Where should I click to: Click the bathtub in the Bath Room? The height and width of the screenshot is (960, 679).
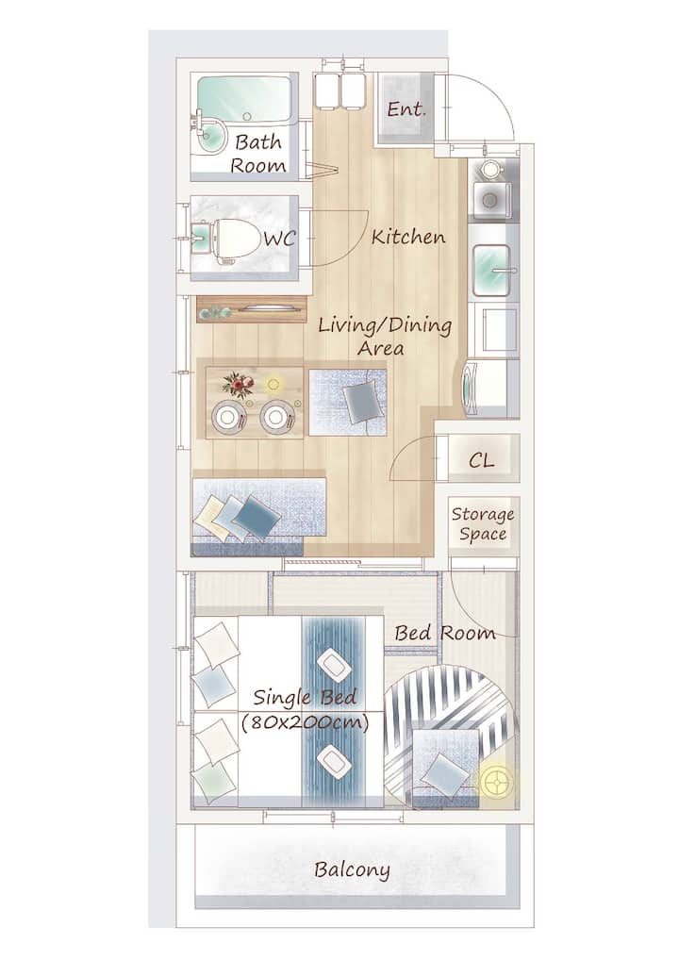pyautogui.click(x=243, y=100)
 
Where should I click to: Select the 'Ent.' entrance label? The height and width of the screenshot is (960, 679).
pyautogui.click(x=406, y=109)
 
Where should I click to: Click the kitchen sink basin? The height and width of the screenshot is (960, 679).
pyautogui.click(x=491, y=269)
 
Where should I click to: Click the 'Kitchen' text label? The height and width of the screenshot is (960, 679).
pyautogui.click(x=408, y=237)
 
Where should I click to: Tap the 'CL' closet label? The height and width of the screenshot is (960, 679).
pyautogui.click(x=481, y=460)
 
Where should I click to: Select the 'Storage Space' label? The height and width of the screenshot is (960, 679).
pyautogui.click(x=483, y=524)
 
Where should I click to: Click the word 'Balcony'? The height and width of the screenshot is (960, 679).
pyautogui.click(x=352, y=870)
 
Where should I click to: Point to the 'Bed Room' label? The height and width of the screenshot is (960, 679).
pyautogui.click(x=445, y=633)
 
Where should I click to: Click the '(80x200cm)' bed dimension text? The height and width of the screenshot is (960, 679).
pyautogui.click(x=306, y=723)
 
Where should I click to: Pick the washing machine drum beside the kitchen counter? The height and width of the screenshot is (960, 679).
pyautogui.click(x=468, y=389)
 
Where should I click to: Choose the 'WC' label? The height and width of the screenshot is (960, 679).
pyautogui.click(x=280, y=239)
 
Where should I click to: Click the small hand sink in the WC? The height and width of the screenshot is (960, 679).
pyautogui.click(x=201, y=238)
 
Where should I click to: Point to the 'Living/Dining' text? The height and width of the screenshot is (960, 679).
pyautogui.click(x=385, y=325)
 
